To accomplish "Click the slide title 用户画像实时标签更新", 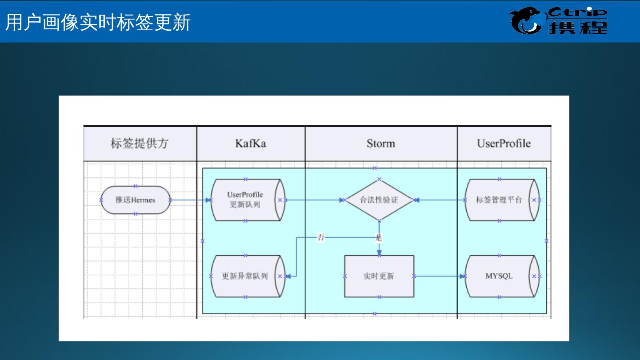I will click(x=98, y=22).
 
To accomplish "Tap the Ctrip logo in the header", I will click(x=558, y=21).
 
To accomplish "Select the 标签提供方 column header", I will click(x=140, y=144).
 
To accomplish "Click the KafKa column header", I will click(x=251, y=144).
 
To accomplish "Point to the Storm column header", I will click(x=381, y=144).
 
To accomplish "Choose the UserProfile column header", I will click(x=504, y=144).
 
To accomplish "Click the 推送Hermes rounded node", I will click(x=136, y=200).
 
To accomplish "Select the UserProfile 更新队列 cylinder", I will click(x=245, y=200).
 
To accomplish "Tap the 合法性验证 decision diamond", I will click(x=379, y=200).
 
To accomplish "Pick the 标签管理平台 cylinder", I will click(x=499, y=200).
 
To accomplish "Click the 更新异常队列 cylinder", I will click(x=245, y=276).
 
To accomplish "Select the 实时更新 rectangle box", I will click(x=379, y=276).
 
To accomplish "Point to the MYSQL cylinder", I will click(x=499, y=276).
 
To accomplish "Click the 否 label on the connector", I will click(x=321, y=237).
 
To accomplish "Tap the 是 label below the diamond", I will click(x=379, y=238).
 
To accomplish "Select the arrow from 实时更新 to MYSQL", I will click(x=439, y=276).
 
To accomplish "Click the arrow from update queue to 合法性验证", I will click(x=313, y=200).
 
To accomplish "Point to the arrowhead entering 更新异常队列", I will click(x=288, y=276).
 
